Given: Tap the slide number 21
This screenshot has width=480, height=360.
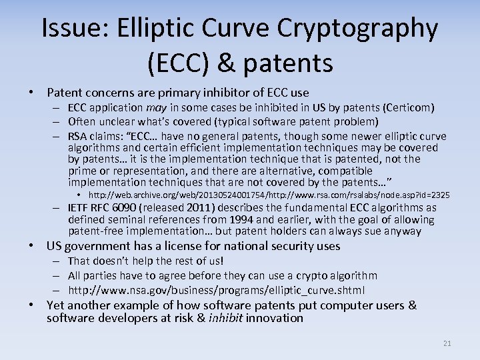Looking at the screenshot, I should point(447,343).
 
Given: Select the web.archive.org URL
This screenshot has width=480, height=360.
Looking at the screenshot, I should point(269,195).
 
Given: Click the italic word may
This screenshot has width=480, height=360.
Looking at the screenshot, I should point(155,107).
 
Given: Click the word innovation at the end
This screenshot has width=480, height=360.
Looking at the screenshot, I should point(275,318).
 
